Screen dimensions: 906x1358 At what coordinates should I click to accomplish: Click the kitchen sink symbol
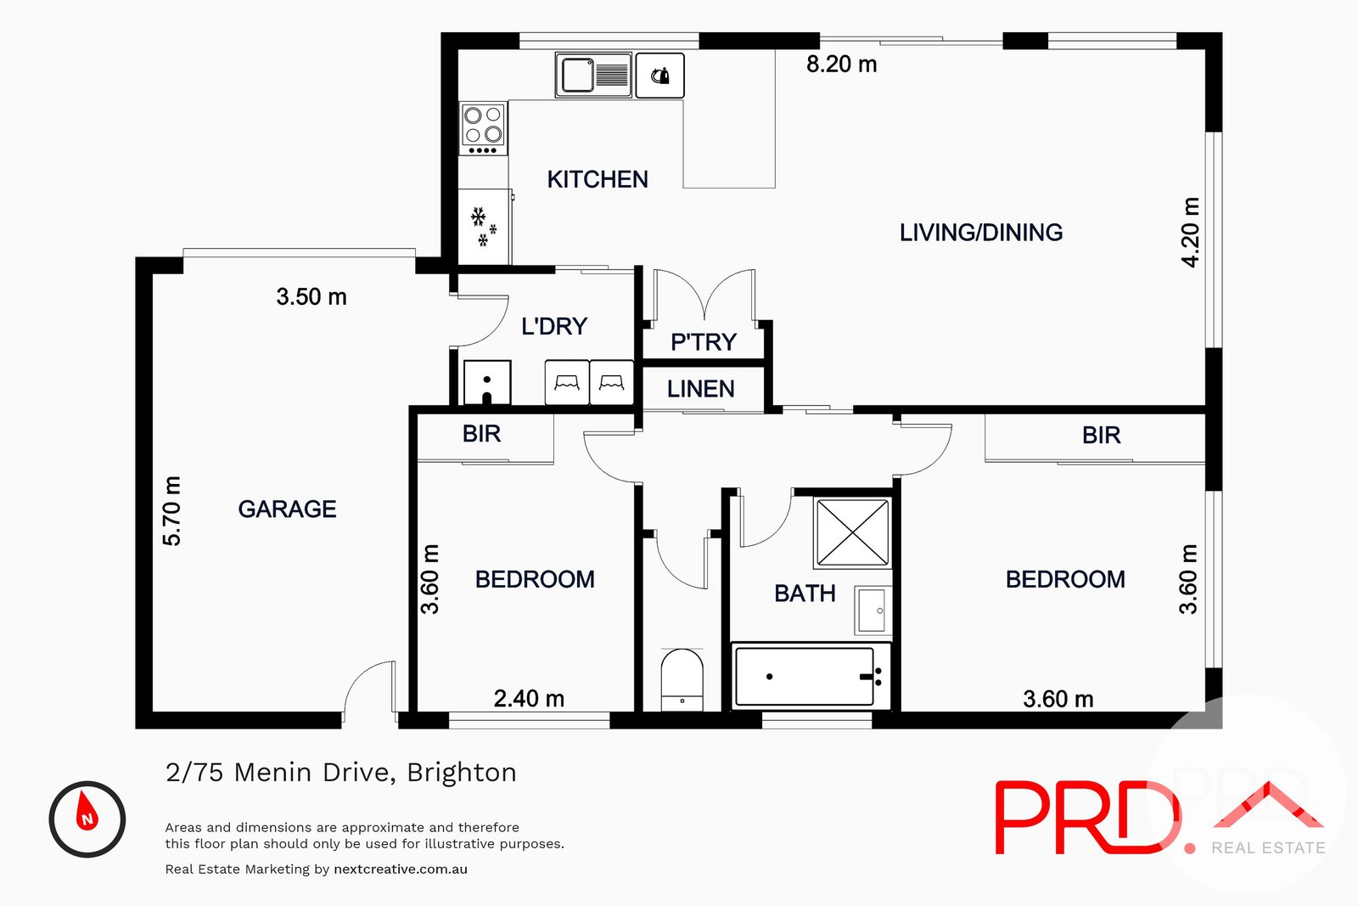click(593, 75)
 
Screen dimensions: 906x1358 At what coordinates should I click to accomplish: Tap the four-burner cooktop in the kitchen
click(483, 127)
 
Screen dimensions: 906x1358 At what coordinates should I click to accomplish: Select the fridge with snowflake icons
click(484, 227)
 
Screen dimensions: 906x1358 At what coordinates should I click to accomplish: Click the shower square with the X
click(851, 532)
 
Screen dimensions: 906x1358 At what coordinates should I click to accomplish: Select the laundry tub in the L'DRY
click(487, 383)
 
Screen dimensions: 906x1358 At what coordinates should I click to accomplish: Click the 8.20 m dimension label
click(841, 65)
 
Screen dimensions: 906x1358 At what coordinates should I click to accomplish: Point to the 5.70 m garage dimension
click(172, 510)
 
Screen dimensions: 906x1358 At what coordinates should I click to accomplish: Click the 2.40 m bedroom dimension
click(529, 699)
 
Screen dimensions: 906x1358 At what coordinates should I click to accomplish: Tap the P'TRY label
click(703, 342)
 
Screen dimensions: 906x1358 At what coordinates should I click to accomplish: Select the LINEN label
click(701, 389)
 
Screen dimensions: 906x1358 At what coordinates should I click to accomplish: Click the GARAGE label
click(287, 509)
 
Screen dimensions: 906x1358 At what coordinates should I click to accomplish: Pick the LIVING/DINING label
click(980, 233)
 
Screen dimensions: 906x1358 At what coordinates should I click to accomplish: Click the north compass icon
click(87, 819)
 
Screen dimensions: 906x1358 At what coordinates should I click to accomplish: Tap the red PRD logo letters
click(1086, 818)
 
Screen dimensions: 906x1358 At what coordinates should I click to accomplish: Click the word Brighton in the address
click(461, 773)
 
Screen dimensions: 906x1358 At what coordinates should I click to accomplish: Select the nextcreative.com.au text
click(401, 869)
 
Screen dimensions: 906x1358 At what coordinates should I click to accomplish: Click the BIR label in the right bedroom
click(1101, 436)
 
